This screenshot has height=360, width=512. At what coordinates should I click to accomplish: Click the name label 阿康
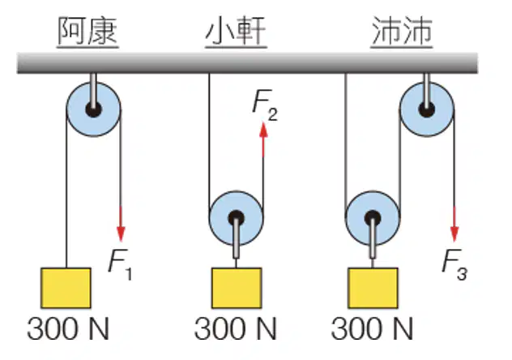pyautogui.click(x=87, y=31)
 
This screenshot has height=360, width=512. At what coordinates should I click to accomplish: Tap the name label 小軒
pyautogui.click(x=236, y=31)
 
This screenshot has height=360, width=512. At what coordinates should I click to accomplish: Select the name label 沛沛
pyautogui.click(x=402, y=31)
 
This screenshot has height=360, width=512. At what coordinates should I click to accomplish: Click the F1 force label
pyautogui.click(x=120, y=265)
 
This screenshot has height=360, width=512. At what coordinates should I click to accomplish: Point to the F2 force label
pyautogui.click(x=265, y=105)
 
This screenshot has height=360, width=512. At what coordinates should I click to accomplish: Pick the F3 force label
pyautogui.click(x=454, y=264)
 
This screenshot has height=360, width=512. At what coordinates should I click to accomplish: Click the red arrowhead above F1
pyautogui.click(x=121, y=233)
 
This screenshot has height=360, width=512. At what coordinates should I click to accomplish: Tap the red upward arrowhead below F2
pyautogui.click(x=263, y=130)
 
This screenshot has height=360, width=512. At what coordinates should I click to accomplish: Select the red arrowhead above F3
pyautogui.click(x=454, y=234)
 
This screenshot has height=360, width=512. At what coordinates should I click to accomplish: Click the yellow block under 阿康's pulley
pyautogui.click(x=66, y=288)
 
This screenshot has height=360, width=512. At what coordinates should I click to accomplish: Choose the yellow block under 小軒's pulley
pyautogui.click(x=237, y=288)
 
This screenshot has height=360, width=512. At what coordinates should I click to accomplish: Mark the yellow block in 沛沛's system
pyautogui.click(x=373, y=288)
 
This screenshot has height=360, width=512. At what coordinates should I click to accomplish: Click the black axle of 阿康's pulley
pyautogui.click(x=93, y=109)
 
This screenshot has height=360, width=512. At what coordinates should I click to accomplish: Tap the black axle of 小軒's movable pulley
pyautogui.click(x=236, y=218)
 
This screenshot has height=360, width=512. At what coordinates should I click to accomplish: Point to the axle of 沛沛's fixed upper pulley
pyautogui.click(x=427, y=109)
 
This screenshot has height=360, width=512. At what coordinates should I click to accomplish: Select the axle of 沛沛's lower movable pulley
pyautogui.click(x=373, y=218)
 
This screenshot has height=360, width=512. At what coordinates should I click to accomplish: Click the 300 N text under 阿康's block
pyautogui.click(x=68, y=328)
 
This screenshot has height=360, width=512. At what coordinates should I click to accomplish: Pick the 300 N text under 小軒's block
pyautogui.click(x=235, y=328)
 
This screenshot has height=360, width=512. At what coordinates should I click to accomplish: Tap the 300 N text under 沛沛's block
pyautogui.click(x=372, y=328)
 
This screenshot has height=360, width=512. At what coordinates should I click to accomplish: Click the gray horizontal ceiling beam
pyautogui.click(x=248, y=63)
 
